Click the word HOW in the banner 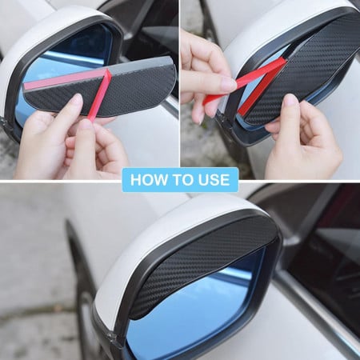147,179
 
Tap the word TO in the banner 181,179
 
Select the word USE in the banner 211,179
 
